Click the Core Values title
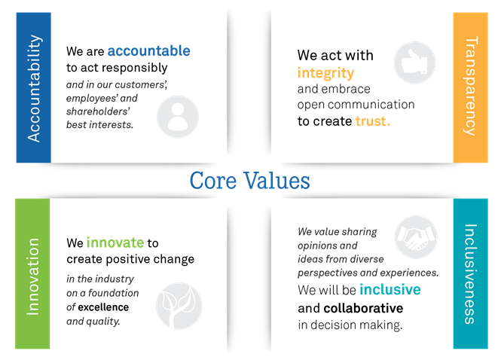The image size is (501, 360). (249, 181)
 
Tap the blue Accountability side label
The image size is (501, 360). (33, 87)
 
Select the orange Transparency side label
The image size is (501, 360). (470, 87)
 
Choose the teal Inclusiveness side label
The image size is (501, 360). (470, 274)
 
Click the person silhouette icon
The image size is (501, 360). (178, 117)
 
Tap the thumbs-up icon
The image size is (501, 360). (415, 62)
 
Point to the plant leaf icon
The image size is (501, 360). (178, 304)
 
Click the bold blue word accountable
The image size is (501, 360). (148, 51)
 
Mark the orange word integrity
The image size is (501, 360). (325, 72)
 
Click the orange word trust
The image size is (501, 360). (372, 121)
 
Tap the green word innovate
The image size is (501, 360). (115, 243)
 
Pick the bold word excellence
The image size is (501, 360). (103, 307)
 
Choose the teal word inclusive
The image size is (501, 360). (389, 289)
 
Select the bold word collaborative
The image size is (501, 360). (362, 308)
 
